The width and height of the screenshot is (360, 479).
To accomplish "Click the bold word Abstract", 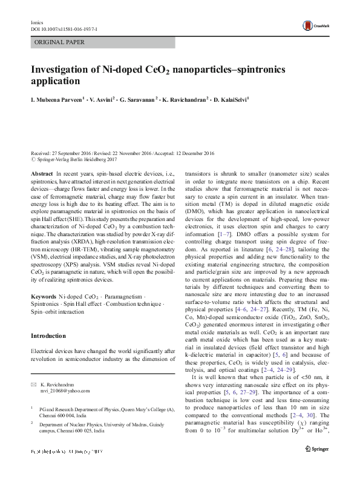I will click(41, 173).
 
